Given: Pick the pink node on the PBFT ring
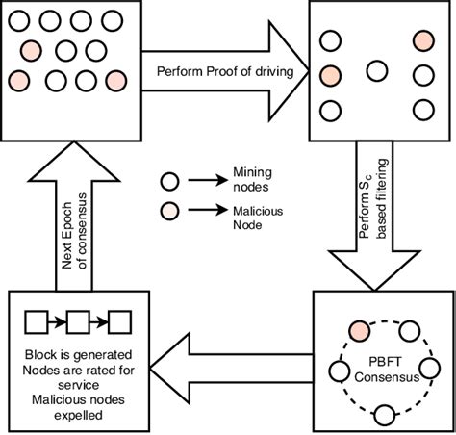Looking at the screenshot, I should coord(360,330).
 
